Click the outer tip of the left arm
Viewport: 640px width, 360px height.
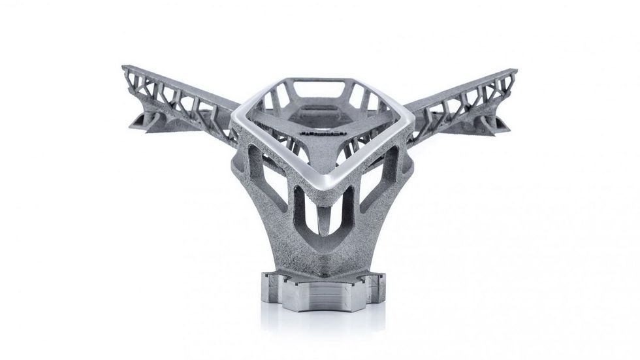[125, 69]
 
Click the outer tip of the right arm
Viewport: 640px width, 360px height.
[514, 72]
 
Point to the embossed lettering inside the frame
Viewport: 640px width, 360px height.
[318, 132]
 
